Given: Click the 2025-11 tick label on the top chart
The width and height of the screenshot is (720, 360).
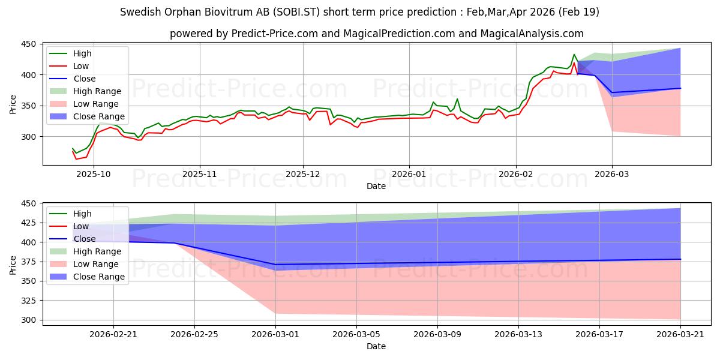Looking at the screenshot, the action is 200,174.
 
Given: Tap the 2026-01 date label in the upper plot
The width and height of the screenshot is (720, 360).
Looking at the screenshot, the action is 409,174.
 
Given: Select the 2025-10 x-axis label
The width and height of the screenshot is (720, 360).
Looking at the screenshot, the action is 94,174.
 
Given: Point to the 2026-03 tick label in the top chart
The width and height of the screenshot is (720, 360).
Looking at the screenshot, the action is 611,174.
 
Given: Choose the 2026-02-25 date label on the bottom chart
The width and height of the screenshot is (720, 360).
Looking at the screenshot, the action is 194,334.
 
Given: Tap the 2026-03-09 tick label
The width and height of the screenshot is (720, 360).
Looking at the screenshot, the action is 437,334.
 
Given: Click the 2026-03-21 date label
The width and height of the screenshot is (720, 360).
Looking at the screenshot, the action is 680,334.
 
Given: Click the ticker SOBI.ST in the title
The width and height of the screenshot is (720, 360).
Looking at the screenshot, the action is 296,12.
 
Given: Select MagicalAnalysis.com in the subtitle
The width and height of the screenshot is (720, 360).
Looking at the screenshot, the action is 532,34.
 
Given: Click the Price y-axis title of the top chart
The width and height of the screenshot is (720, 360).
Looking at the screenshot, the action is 13,104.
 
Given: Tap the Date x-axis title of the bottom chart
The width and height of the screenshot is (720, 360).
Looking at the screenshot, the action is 376,346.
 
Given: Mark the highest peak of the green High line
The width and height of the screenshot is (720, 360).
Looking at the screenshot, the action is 574,55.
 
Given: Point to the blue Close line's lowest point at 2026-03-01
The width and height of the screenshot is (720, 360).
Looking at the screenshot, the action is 275,265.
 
